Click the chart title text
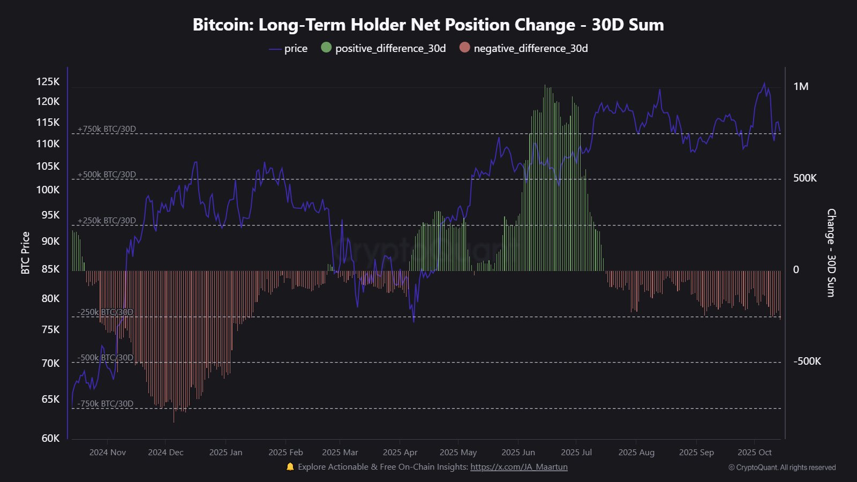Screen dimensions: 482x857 pos(428,25)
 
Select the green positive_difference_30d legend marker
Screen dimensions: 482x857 pos(326,48)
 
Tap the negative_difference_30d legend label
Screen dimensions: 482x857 pos(530,49)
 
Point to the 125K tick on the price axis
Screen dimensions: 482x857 pos(48,82)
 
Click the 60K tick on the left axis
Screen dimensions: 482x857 pos(50,438)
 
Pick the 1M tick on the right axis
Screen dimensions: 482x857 pos(801,87)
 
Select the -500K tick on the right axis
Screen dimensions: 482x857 pos(807,361)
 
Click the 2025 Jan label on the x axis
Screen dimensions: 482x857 pos(225,453)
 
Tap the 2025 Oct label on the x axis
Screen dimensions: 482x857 pos(754,453)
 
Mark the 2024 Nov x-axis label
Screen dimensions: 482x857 pos(107,453)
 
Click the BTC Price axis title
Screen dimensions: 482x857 pos(25,253)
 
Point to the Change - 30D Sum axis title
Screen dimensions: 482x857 pos(831,253)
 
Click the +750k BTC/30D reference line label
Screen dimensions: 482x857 pos(107,129)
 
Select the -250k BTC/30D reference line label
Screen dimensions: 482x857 pos(105,312)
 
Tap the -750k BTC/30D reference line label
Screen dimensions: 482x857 pos(105,404)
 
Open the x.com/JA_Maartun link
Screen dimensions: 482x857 pos(518,467)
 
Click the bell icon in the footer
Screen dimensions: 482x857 pos(290,467)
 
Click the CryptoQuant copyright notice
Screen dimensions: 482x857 pos(781,468)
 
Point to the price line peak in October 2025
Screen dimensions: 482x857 pos(764,84)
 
